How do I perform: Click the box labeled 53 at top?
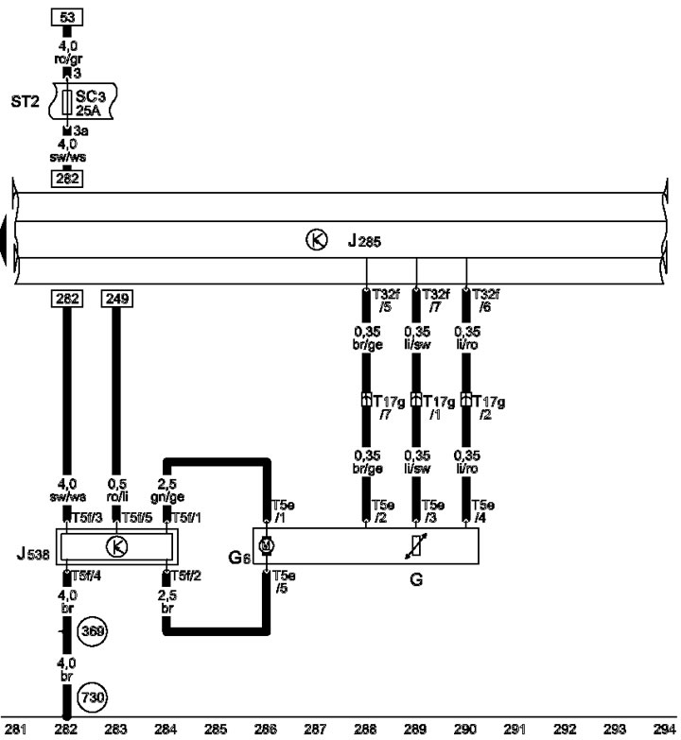pyautogui.click(x=67, y=17)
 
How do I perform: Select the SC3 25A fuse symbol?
pyautogui.click(x=67, y=102)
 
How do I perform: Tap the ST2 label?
pyautogui.click(x=25, y=101)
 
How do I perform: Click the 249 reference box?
pyautogui.click(x=117, y=299)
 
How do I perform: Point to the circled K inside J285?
pyautogui.click(x=317, y=240)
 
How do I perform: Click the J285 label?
pyautogui.click(x=364, y=241)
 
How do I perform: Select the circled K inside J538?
pyautogui.click(x=117, y=547)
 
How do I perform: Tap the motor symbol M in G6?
pyautogui.click(x=267, y=546)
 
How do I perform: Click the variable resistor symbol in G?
pyautogui.click(x=416, y=546)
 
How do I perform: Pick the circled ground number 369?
pyautogui.click(x=93, y=631)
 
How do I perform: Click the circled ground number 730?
pyautogui.click(x=93, y=697)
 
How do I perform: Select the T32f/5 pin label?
pyautogui.click(x=386, y=301)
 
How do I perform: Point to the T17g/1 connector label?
pyautogui.click(x=439, y=407)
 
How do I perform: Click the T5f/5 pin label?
pyautogui.click(x=137, y=518)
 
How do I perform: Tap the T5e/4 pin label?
pyautogui.click(x=482, y=511)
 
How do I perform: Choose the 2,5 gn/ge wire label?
pyautogui.click(x=167, y=490)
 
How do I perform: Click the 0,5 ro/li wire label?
pyautogui.click(x=117, y=490)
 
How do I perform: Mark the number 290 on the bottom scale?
pyautogui.click(x=465, y=730)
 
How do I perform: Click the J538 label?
pyautogui.click(x=33, y=553)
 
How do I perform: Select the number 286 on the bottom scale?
pyautogui.click(x=266, y=730)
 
